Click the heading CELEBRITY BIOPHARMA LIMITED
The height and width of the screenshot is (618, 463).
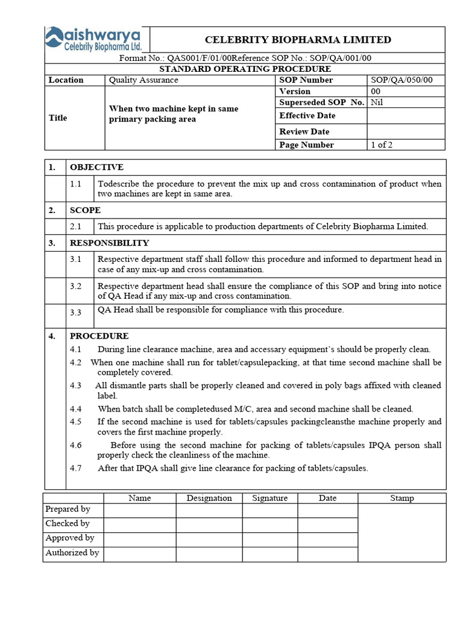click(x=298, y=40)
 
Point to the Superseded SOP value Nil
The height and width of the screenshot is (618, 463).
click(x=377, y=103)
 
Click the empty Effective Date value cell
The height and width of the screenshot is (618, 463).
click(x=406, y=116)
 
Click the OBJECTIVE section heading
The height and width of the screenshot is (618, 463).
click(x=96, y=167)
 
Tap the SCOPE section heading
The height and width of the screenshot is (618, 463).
click(x=86, y=211)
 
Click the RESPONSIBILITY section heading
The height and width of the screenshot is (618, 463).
click(x=109, y=243)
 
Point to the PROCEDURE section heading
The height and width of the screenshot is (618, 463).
click(x=99, y=336)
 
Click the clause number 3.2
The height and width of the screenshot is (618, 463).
click(x=75, y=286)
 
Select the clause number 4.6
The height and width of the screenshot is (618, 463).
click(x=75, y=445)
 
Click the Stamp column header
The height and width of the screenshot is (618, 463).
click(x=402, y=499)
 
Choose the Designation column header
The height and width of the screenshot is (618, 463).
click(x=209, y=499)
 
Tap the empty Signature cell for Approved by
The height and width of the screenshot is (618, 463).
click(x=269, y=539)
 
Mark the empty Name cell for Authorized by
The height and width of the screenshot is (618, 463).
click(x=140, y=553)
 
